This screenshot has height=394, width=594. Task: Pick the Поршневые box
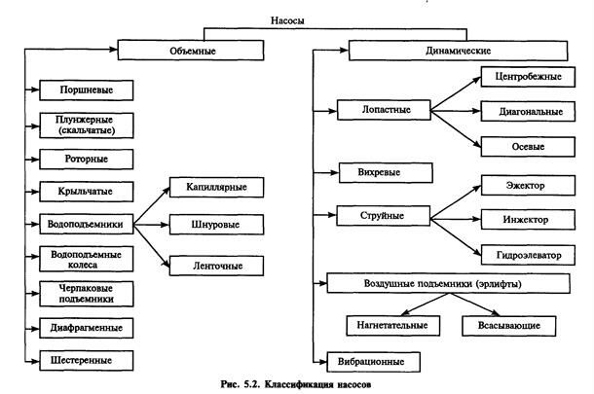pos(86,90)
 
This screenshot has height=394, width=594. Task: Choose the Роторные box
pos(86,156)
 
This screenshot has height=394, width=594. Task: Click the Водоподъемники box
pos(86,223)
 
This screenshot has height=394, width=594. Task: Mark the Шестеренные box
pos(86,359)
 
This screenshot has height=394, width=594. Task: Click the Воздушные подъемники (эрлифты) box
pos(448,283)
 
